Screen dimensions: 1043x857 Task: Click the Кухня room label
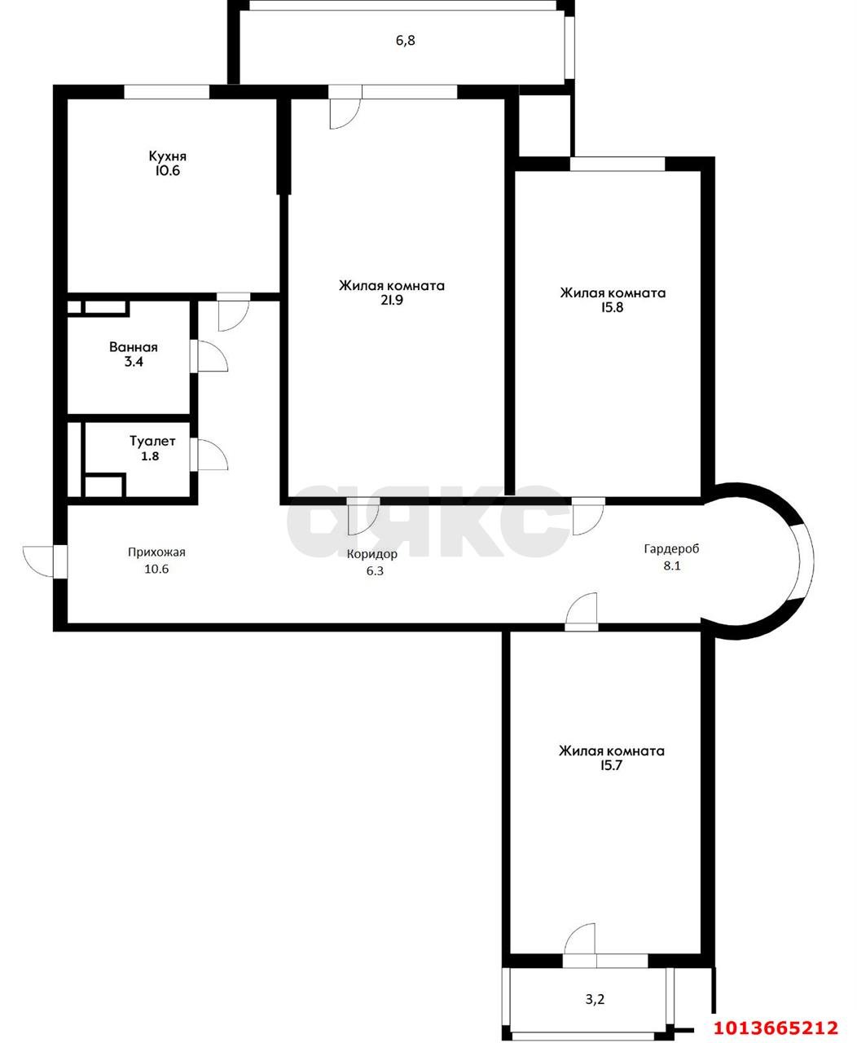point(168,156)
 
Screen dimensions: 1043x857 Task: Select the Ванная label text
point(134,347)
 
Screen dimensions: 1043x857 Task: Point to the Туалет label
point(152,442)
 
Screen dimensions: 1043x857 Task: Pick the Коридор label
point(371,554)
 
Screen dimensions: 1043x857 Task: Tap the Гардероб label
point(671,548)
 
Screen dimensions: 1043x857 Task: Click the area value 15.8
point(613,308)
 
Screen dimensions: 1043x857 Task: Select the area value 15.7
point(611,766)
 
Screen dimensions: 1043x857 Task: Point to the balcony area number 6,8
point(406,40)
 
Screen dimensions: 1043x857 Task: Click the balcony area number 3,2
point(595,997)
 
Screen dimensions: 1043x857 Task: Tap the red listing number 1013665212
point(776,1027)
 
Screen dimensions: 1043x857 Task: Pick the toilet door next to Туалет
point(210,455)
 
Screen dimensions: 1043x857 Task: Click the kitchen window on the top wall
point(167,92)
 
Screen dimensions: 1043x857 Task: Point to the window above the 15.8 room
point(617,164)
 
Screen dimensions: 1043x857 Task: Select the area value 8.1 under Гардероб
point(671,566)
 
